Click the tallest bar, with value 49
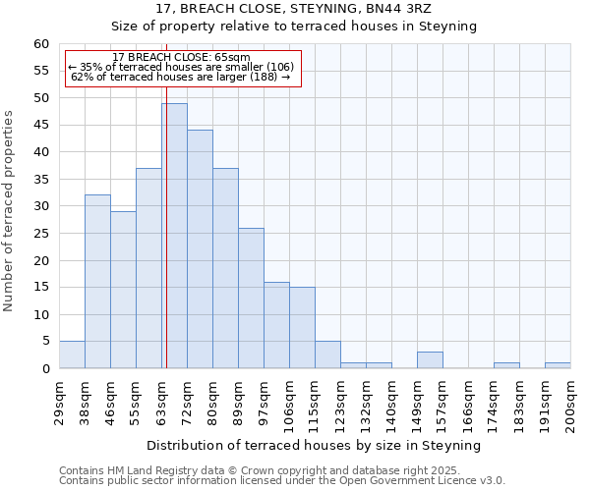coord(174,236)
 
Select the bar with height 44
coord(200,249)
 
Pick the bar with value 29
coord(123,290)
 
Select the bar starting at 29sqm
coord(72,355)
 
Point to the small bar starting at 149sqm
coord(430,360)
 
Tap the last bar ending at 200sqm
coord(558,365)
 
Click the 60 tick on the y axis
coord(41,44)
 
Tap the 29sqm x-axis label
coord(60,403)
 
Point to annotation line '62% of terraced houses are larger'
coord(181,77)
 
